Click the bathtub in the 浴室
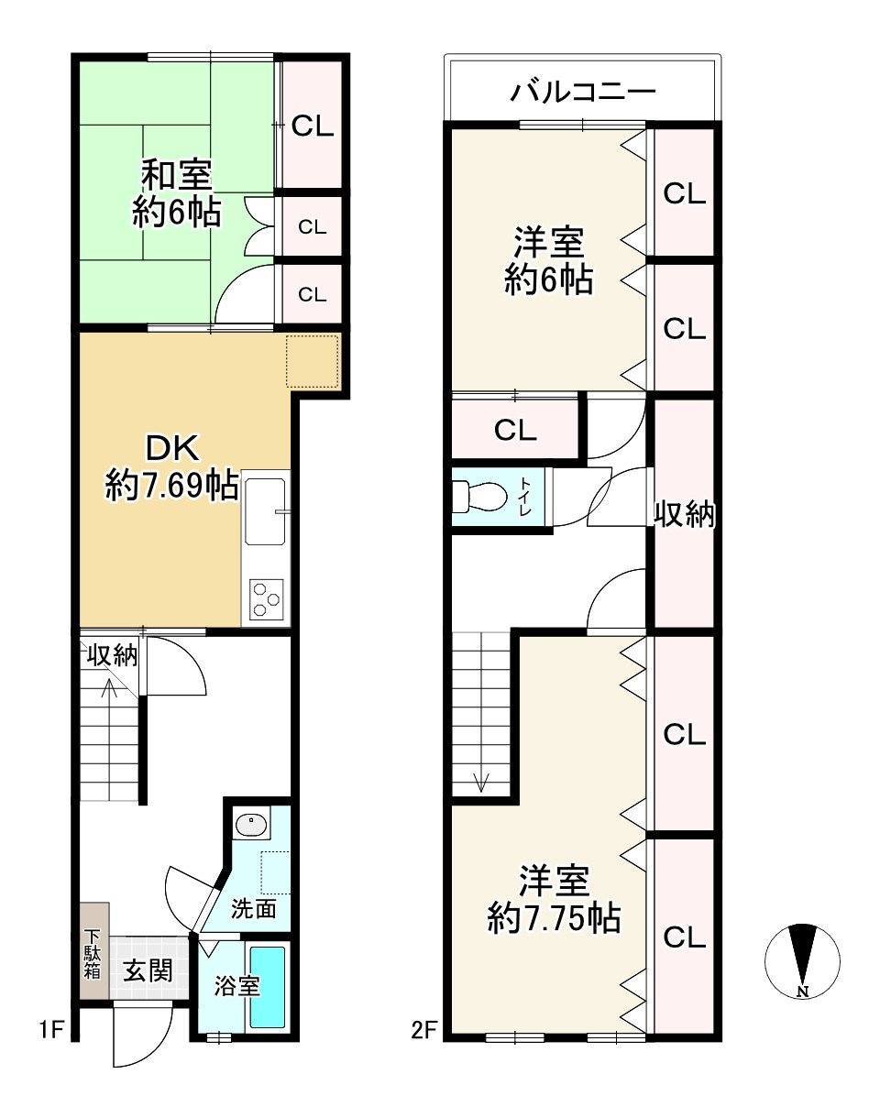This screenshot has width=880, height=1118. tap(268, 987)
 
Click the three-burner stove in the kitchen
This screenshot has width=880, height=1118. tap(267, 598)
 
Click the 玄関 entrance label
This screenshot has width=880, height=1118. tap(148, 970)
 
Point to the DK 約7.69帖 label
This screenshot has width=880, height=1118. tap(172, 466)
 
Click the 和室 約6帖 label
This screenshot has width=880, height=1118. tap(176, 193)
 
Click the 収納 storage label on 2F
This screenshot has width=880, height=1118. tap(684, 516)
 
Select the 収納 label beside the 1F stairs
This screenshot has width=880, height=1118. tap(112, 655)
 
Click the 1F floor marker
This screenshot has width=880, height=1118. tap(50, 1031)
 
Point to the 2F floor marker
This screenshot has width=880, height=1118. tap(423, 1031)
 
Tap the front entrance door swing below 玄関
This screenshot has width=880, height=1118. tap(143, 1036)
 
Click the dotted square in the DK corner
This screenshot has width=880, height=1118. tap(312, 361)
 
